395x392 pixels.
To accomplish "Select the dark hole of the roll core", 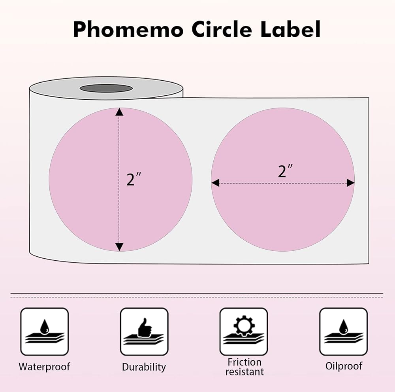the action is click(x=106, y=88).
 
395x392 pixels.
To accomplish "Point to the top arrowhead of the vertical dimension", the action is click(x=119, y=112).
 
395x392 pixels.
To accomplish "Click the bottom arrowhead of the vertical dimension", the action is click(x=119, y=247).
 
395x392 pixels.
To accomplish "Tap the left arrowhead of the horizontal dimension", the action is click(x=215, y=183).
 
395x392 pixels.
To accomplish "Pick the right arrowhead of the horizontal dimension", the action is click(x=350, y=183).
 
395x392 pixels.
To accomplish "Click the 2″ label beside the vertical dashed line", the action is click(x=134, y=179).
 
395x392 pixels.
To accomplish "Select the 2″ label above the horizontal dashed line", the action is click(x=285, y=171).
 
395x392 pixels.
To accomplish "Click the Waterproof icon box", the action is click(x=44, y=331).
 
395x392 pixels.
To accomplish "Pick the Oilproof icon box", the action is click(x=343, y=331).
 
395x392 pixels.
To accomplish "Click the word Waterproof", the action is click(x=44, y=367).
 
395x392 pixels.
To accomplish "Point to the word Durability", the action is click(x=144, y=367).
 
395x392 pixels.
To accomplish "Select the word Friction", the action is click(x=244, y=362).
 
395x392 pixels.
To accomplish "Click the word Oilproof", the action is click(x=343, y=366).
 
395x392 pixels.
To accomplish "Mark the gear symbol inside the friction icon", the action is click(x=244, y=325).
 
